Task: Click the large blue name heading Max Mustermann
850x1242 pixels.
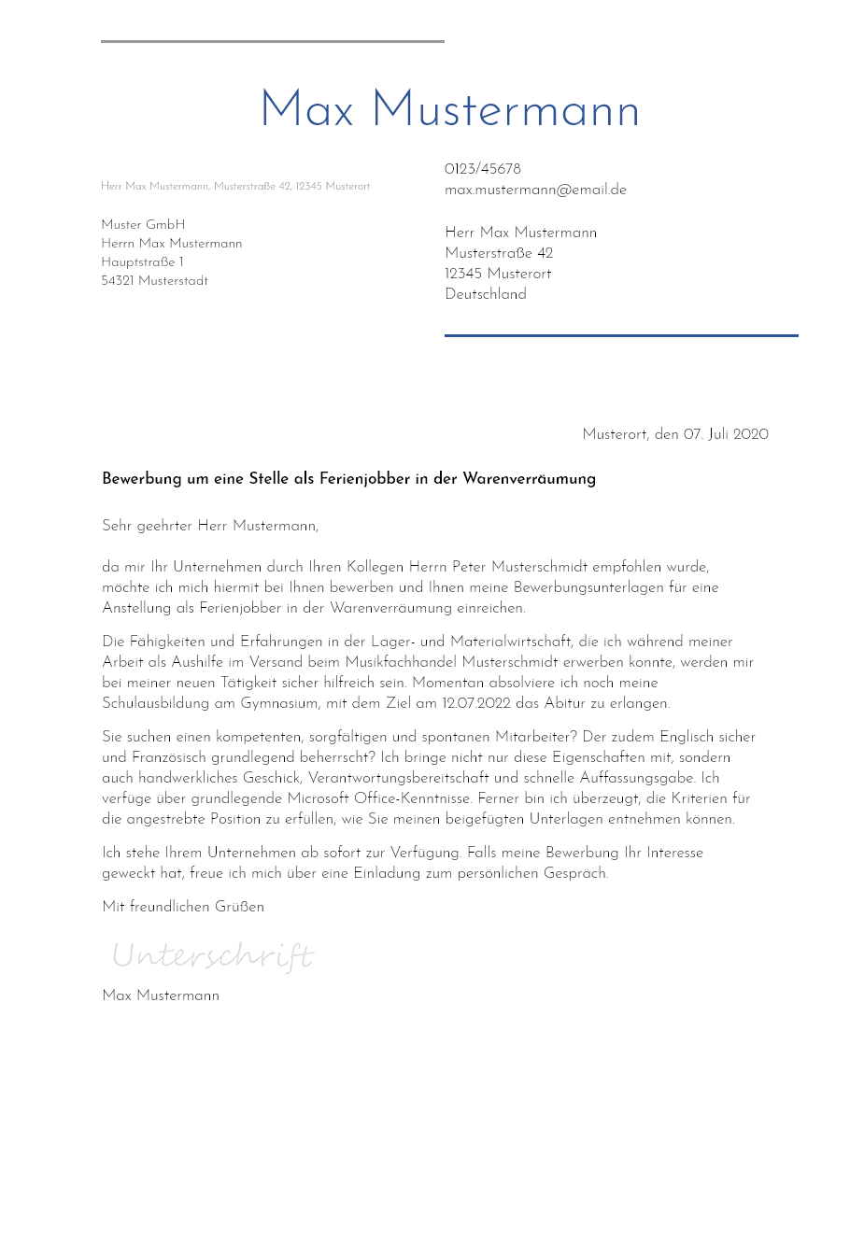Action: [x=449, y=111]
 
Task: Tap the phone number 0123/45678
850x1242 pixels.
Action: [x=483, y=169]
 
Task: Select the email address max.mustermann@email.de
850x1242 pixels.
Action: [x=535, y=190]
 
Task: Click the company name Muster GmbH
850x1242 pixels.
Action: [x=143, y=225]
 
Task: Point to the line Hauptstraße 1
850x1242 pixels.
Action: [x=142, y=262]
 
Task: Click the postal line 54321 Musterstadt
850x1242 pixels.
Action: [x=154, y=281]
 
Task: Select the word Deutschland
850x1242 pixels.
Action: [x=486, y=294]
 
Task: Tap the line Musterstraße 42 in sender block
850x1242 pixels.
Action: [x=499, y=253]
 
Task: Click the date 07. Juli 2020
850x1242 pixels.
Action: [x=726, y=434]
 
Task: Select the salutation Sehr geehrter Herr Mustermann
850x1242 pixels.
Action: [x=209, y=526]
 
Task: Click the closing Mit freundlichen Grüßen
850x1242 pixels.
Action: [x=183, y=907]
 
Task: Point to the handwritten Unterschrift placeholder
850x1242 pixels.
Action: [x=213, y=956]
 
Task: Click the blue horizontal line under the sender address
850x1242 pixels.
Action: [x=621, y=335]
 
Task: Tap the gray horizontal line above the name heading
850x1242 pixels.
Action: [x=272, y=41]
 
